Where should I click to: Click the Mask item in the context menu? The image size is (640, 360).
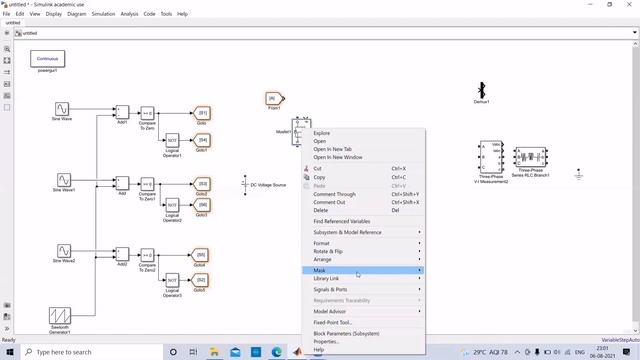point(320,270)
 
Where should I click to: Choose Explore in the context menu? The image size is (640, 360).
point(322,133)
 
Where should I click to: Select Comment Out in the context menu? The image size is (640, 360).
point(329,202)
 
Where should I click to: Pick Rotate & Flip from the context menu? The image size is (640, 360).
point(328,251)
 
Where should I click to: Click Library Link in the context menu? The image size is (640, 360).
point(326,278)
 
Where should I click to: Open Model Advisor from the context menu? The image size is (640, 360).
point(330,311)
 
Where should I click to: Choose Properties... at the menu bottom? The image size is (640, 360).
point(326,341)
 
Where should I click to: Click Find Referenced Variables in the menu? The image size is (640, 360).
point(342,221)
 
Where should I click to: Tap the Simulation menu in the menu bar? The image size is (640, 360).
point(103,14)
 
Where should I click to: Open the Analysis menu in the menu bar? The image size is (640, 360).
point(130,14)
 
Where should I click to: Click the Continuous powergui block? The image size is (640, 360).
point(47,59)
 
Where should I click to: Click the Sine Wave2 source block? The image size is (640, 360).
point(62,250)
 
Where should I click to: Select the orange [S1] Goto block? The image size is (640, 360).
point(202,113)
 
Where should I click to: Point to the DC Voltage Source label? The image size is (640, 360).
point(267,185)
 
